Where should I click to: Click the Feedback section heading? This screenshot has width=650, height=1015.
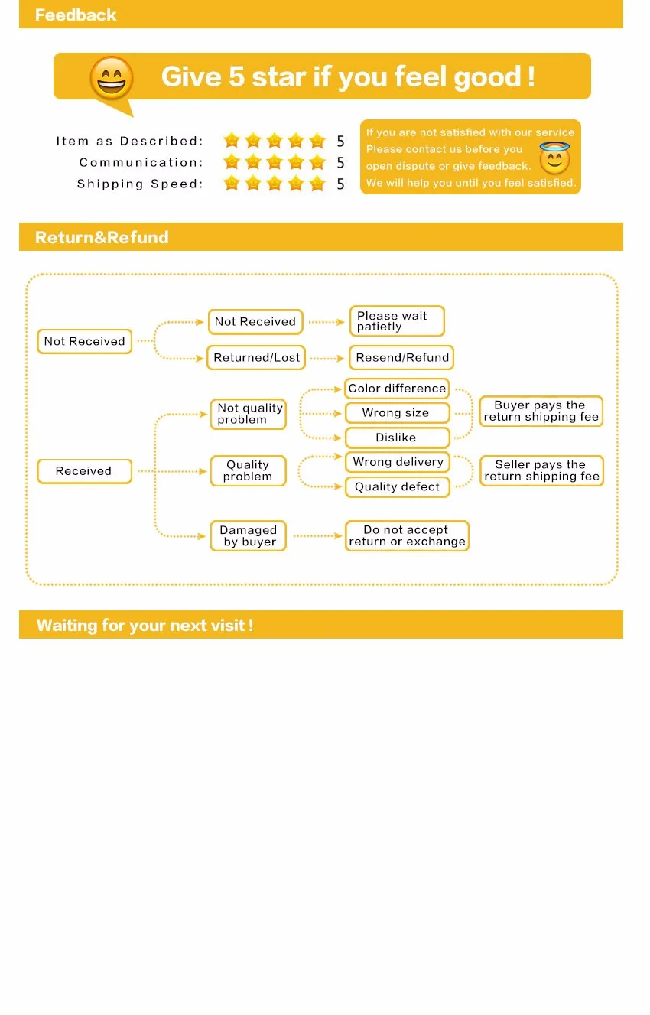[76, 15]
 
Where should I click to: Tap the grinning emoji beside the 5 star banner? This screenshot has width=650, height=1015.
[112, 78]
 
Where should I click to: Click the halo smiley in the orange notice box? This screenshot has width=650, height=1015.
[554, 158]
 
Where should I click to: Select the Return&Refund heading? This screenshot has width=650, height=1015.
[102, 237]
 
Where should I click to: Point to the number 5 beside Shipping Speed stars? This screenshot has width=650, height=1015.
[340, 184]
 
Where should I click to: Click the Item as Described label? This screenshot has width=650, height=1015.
[130, 141]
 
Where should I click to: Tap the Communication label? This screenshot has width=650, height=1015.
[141, 162]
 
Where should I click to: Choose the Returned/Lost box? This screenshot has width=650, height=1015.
[256, 357]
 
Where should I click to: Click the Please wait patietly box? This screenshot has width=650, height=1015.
[396, 321]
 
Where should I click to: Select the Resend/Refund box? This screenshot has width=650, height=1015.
[402, 357]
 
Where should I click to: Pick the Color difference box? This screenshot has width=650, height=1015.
[397, 389]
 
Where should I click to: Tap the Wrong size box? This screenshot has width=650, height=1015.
[396, 413]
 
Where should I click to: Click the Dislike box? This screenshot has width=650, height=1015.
[396, 438]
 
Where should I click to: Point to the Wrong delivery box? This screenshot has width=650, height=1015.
[398, 462]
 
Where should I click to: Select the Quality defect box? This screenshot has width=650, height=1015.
[397, 486]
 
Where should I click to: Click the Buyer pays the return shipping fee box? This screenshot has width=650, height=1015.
[541, 411]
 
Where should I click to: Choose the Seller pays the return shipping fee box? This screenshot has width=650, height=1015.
[541, 470]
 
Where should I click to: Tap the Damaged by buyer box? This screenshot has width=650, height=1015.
[249, 535]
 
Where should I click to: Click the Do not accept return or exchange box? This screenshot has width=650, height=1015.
[406, 535]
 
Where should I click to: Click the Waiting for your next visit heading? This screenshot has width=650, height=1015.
[145, 625]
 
